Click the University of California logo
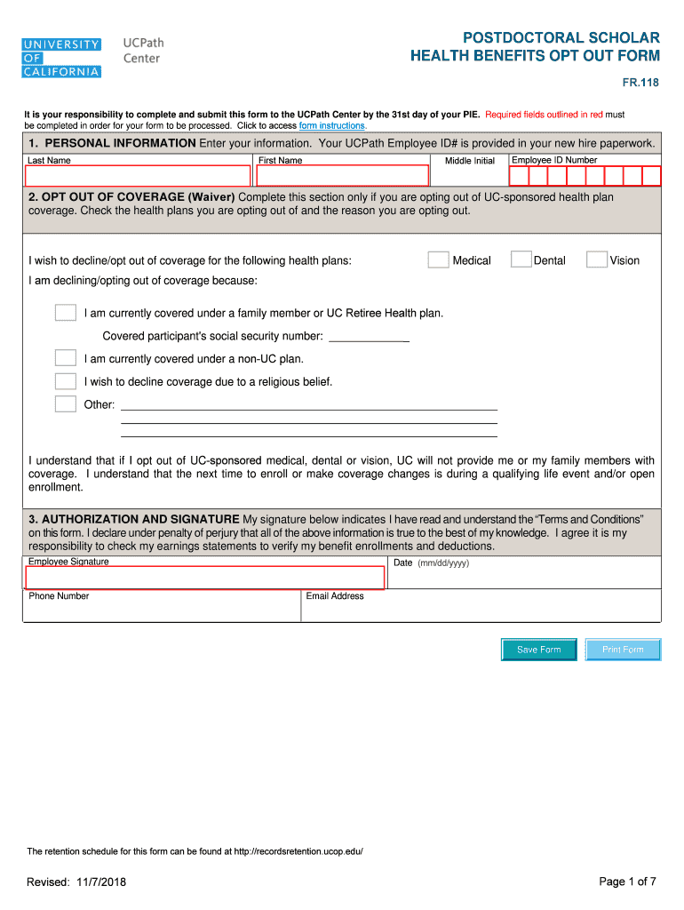click(x=61, y=58)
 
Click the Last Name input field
click(x=137, y=176)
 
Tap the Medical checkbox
click(x=438, y=259)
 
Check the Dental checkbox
click(x=521, y=259)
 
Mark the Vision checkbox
click(x=596, y=259)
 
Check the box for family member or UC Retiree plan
click(x=65, y=313)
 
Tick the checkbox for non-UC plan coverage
click(x=65, y=358)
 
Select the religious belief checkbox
click(x=65, y=381)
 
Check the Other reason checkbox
click(x=65, y=404)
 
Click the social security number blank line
click(x=369, y=337)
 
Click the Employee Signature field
click(x=203, y=578)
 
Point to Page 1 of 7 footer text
click(x=627, y=882)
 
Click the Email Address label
click(x=335, y=596)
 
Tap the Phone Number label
click(x=59, y=596)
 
